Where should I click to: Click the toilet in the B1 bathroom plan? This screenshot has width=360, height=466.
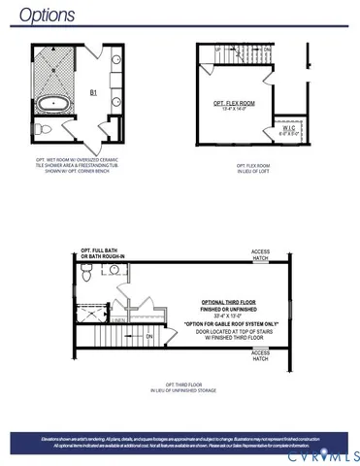(42, 128)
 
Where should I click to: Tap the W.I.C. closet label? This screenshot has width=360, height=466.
(289, 127)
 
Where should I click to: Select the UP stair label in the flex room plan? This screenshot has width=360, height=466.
(218, 49)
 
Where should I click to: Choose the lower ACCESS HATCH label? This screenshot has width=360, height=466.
(260, 355)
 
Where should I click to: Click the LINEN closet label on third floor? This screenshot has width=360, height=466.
(117, 319)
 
